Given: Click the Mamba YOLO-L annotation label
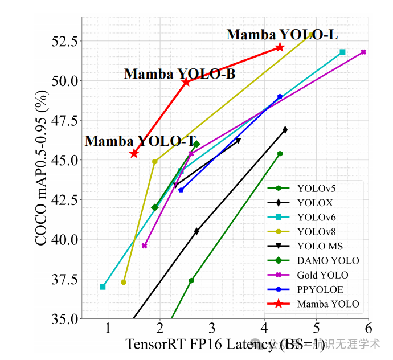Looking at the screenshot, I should click(x=282, y=35).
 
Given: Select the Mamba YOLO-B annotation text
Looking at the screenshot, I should click(x=179, y=74).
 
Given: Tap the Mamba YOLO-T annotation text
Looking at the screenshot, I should click(x=141, y=141).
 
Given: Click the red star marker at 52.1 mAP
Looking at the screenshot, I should click(x=280, y=47).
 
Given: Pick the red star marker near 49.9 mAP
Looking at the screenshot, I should click(x=186, y=82).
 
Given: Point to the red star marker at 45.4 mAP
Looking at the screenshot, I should click(x=134, y=153).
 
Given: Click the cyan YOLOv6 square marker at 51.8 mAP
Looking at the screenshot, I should click(x=342, y=52).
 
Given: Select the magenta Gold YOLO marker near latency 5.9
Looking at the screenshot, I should click(x=363, y=52).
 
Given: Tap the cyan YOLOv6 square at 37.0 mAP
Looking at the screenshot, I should click(x=103, y=287).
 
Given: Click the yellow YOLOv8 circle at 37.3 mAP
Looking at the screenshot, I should click(x=124, y=282).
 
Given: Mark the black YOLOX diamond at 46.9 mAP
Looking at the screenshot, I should click(x=285, y=130).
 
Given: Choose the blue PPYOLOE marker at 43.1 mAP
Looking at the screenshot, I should click(x=181, y=190).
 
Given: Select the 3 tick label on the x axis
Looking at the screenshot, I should click(x=212, y=329).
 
